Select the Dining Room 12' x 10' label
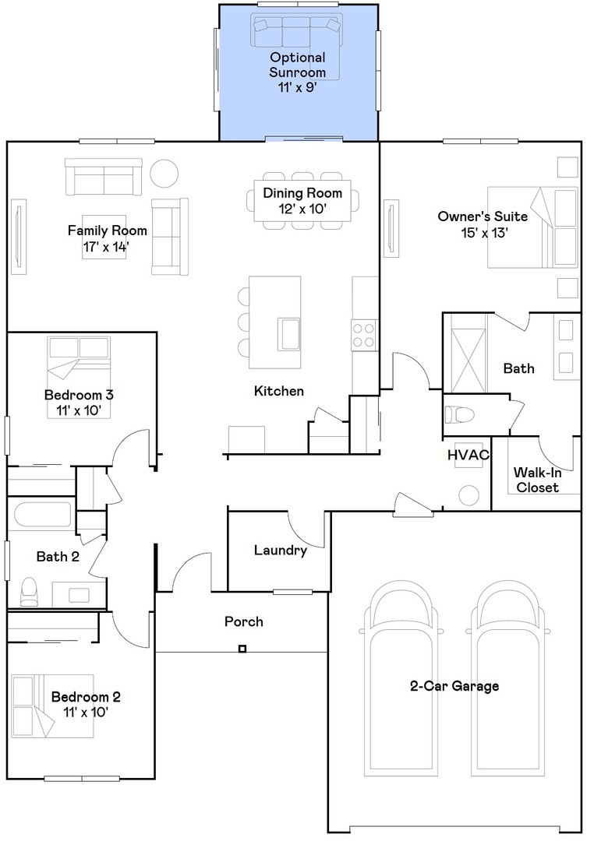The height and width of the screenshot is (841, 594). [x=302, y=201]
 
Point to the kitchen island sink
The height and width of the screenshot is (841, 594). [x=288, y=333]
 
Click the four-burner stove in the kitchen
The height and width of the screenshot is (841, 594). [x=364, y=335]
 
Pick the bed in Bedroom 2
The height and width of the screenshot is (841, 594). [x=52, y=706]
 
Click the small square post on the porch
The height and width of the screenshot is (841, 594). [x=242, y=649]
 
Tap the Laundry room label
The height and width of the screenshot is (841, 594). [x=280, y=551]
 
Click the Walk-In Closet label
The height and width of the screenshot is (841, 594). [x=537, y=480]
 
